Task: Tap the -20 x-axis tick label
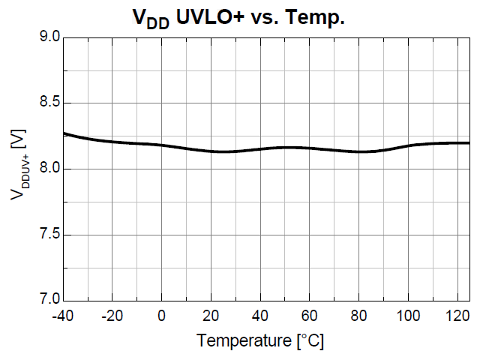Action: coord(112,316)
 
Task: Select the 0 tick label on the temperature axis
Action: coord(162,316)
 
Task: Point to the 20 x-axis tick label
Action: coord(211,316)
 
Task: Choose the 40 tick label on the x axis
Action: coord(260,316)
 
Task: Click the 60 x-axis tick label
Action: coord(310,316)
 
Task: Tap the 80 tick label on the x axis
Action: coord(359,316)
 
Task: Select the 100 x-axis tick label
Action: coord(408,316)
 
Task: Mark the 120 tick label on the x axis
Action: coord(457,316)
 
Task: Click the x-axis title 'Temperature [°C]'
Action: coord(260,341)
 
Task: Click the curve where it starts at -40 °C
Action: coord(64,133)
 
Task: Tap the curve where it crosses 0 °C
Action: coord(162,145)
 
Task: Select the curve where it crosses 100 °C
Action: coord(408,145)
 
